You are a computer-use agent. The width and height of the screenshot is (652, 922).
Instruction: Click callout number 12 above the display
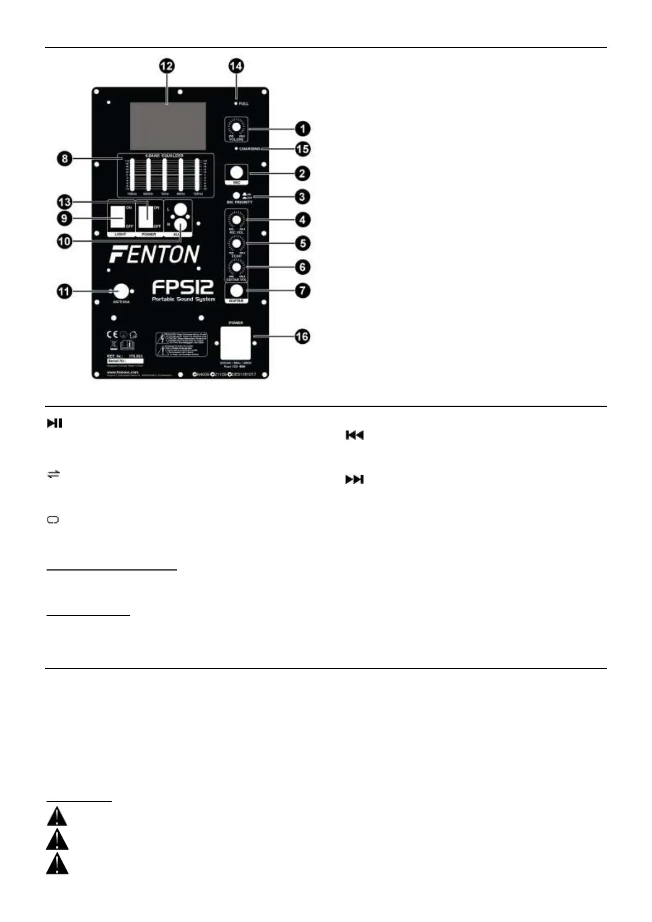click(x=166, y=66)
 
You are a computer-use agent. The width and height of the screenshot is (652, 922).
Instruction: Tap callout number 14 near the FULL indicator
click(x=236, y=66)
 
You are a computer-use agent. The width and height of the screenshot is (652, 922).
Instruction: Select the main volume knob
click(x=236, y=128)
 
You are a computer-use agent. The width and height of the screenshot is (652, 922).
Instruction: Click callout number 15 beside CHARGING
click(x=302, y=149)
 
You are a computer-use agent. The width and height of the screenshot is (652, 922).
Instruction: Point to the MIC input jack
click(x=236, y=173)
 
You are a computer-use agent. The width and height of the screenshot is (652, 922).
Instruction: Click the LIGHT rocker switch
click(x=118, y=217)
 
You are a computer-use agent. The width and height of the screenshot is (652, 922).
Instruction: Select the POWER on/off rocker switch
click(x=146, y=217)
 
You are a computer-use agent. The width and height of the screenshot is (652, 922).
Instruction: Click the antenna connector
click(x=121, y=291)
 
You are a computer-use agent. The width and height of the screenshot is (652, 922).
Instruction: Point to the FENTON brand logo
click(x=154, y=255)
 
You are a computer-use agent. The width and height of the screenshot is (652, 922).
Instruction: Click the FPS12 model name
click(x=183, y=287)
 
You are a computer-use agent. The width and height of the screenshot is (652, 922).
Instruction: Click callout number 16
click(x=302, y=337)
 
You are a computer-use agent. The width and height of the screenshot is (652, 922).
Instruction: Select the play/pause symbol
click(x=54, y=423)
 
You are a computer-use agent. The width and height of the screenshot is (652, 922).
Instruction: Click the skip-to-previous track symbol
click(x=354, y=435)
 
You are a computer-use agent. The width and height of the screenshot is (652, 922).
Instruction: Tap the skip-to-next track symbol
click(x=354, y=480)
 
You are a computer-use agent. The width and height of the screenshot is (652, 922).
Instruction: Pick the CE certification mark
click(x=112, y=335)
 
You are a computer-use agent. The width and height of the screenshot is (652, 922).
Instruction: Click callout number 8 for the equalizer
click(x=65, y=159)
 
